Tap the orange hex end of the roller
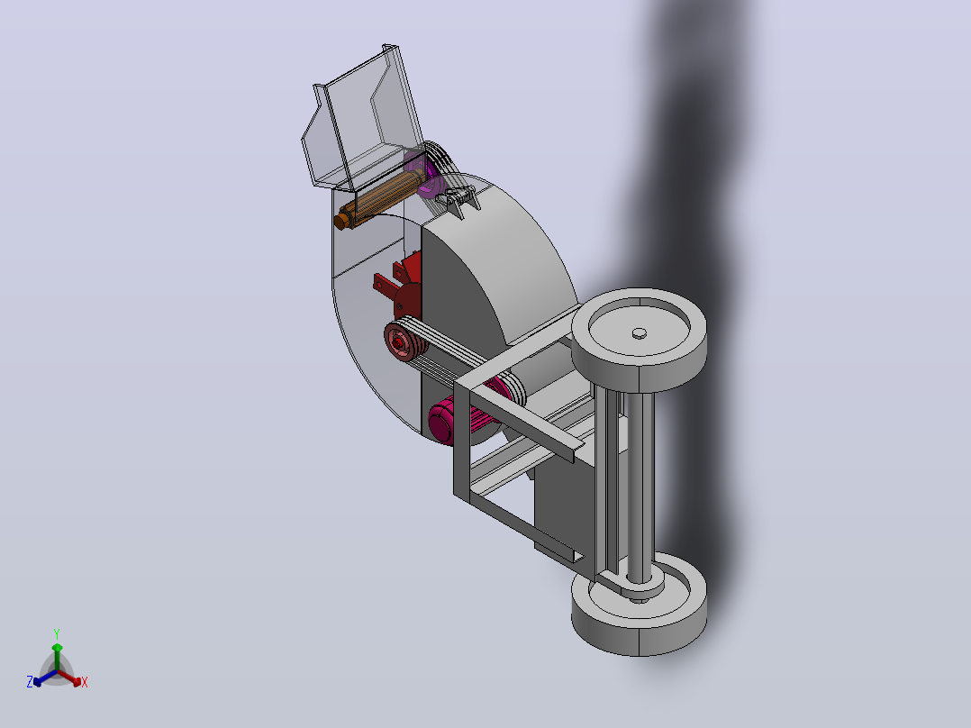click(x=340, y=221)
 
